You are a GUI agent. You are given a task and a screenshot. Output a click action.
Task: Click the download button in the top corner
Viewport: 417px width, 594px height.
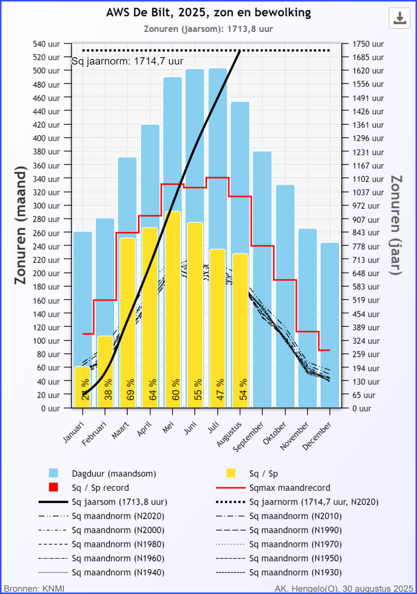399,18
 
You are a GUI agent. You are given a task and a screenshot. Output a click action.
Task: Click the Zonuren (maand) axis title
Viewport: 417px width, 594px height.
21,226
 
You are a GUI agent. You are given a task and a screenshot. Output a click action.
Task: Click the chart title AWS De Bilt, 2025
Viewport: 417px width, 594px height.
208,13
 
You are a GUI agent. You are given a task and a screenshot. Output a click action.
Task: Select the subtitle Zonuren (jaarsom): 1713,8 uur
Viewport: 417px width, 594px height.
208,28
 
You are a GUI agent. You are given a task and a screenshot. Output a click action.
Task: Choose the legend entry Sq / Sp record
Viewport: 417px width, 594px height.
100,487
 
